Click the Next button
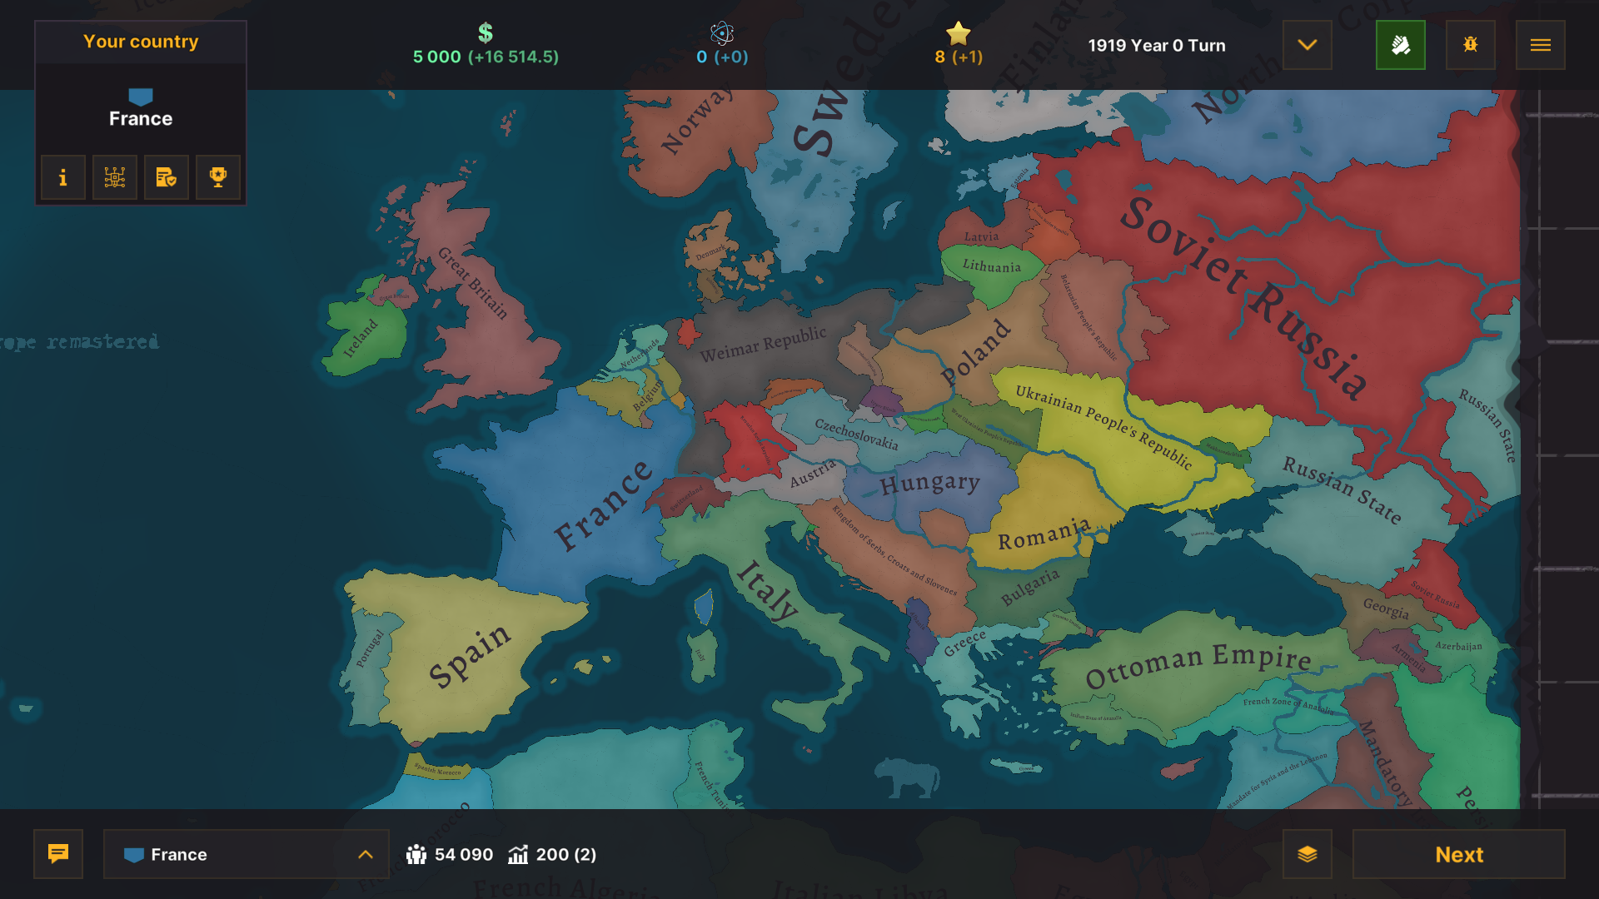[x=1458, y=854]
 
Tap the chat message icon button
[x=58, y=854]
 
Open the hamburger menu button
[x=1540, y=45]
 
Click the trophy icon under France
[x=218, y=177]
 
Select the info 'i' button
[x=63, y=177]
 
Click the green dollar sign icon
[x=486, y=33]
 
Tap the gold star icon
[x=959, y=33]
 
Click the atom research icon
[x=722, y=33]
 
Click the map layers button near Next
[x=1307, y=854]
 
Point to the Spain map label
[x=469, y=655]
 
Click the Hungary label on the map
[x=929, y=483]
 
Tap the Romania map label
[x=1044, y=534]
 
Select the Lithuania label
[x=991, y=266]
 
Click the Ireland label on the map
[x=361, y=338]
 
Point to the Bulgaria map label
[x=1030, y=587]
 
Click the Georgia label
[x=1386, y=608]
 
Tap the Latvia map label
[x=981, y=236]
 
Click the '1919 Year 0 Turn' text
[x=1156, y=46]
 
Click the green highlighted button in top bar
[x=1400, y=45]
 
